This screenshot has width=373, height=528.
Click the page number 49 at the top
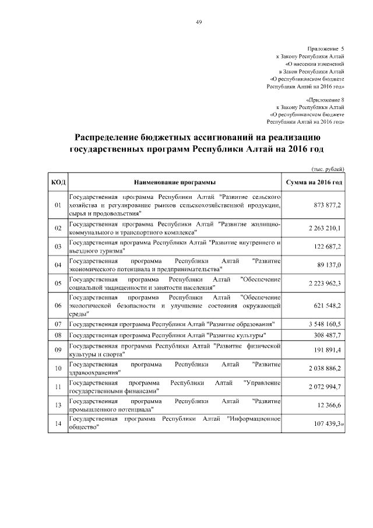199,22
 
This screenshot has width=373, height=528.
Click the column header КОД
58,183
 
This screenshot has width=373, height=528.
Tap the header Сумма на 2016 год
313,183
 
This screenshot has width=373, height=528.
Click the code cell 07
58,323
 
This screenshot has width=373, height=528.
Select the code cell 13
58,405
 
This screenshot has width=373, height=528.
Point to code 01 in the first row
58,205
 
